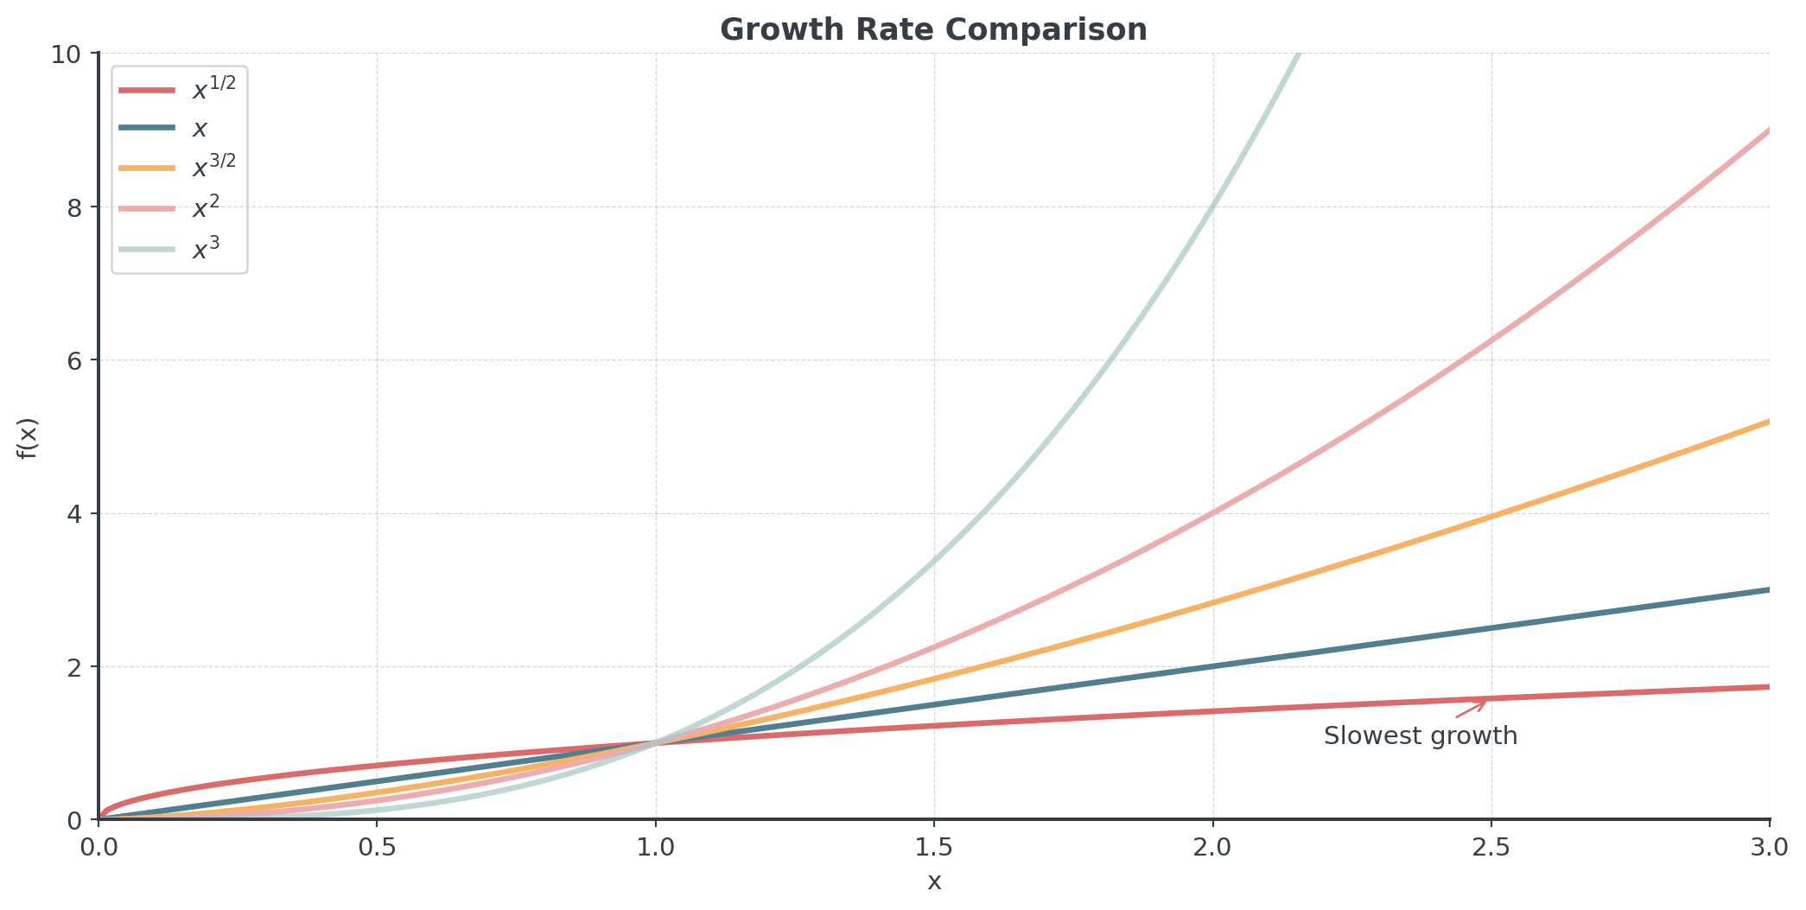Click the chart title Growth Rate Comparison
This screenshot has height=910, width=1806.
(x=933, y=30)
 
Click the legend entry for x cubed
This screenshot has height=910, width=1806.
(x=206, y=249)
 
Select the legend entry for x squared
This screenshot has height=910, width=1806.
(x=206, y=208)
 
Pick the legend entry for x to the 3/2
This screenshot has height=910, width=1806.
(x=213, y=167)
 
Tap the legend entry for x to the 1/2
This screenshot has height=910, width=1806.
(x=213, y=88)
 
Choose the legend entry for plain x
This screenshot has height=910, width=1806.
(x=200, y=129)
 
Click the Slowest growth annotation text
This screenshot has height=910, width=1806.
(x=1420, y=736)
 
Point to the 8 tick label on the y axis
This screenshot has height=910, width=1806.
(x=73, y=207)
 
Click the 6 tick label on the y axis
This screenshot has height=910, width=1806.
(x=73, y=360)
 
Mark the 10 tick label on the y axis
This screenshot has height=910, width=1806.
(x=67, y=54)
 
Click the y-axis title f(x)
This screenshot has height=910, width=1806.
(x=29, y=438)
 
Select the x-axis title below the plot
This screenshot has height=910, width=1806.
(x=934, y=882)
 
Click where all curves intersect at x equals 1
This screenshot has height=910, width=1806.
(x=656, y=743)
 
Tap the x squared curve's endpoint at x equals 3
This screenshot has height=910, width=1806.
(x=1768, y=130)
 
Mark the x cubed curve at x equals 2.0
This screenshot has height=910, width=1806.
(x=1213, y=207)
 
